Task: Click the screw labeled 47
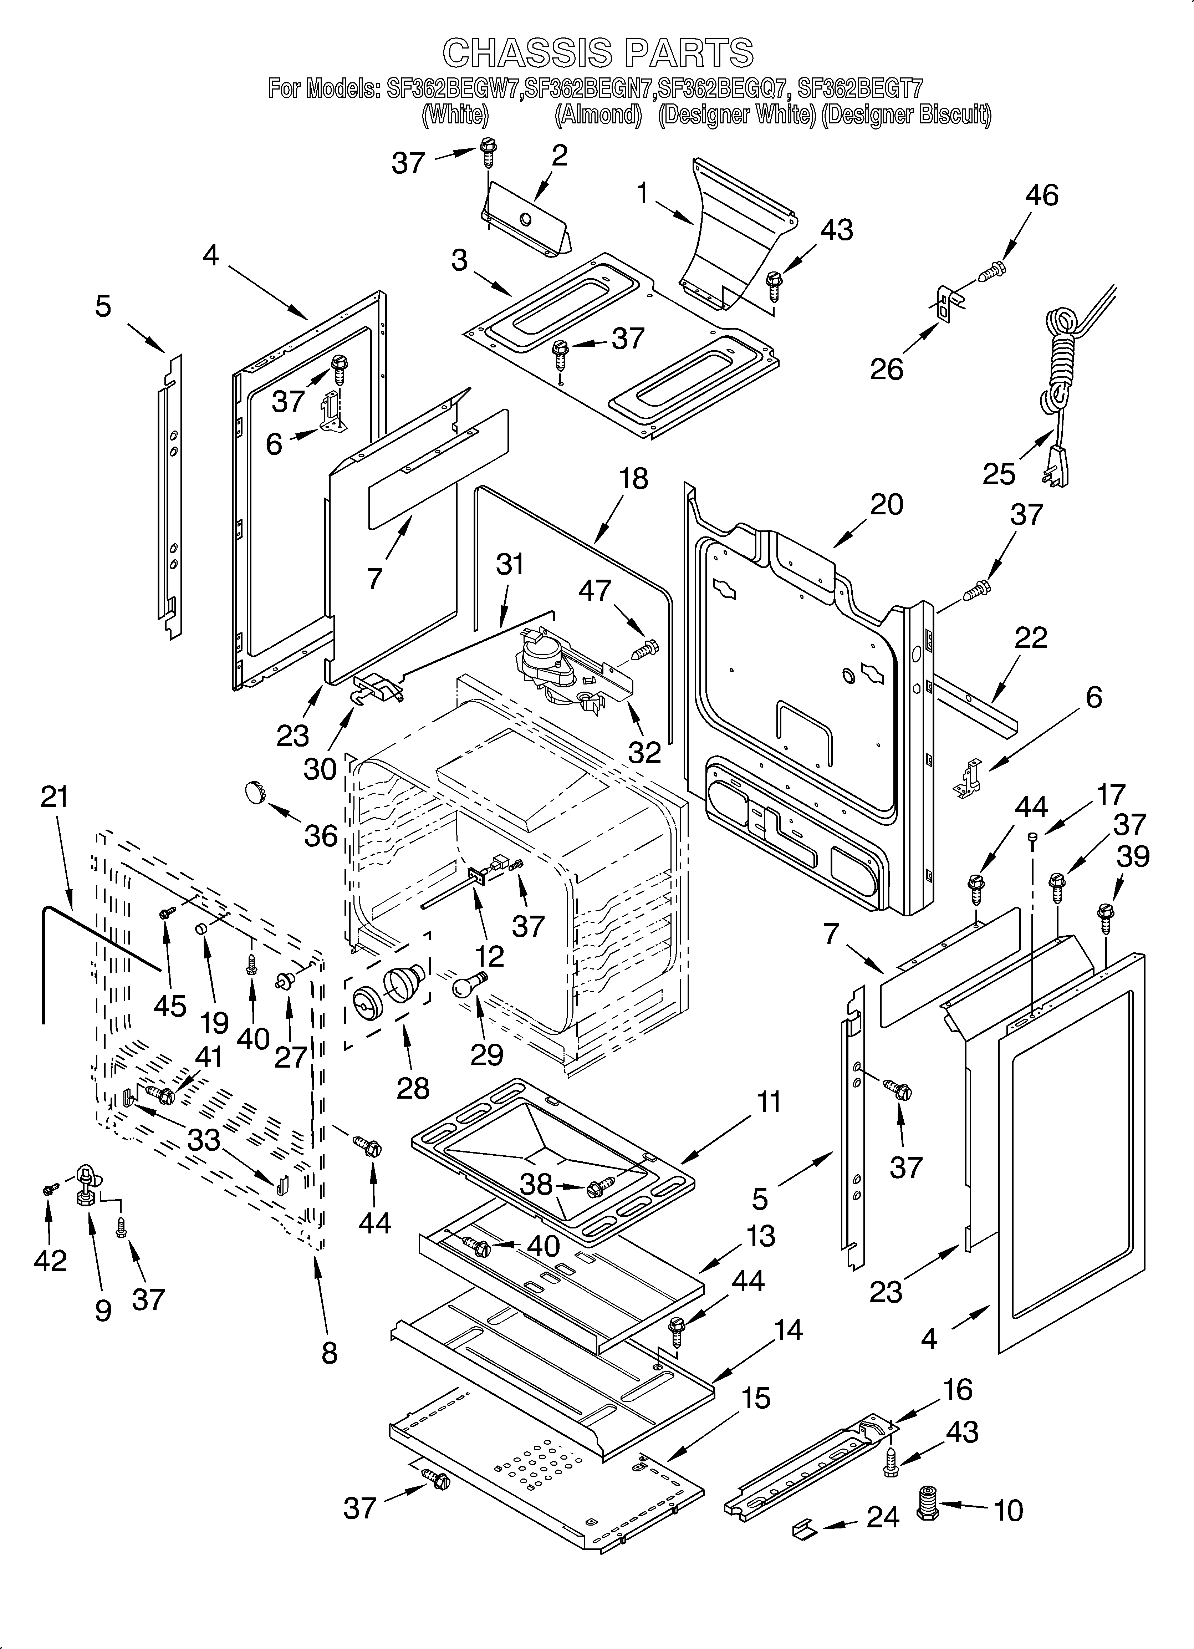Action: (x=644, y=649)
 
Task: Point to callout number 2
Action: (x=558, y=156)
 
